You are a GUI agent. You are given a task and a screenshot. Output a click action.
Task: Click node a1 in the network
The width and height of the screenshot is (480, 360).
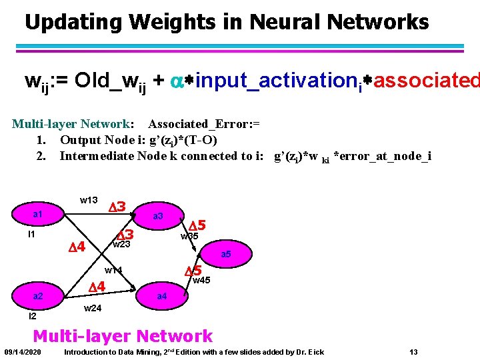point(38,214)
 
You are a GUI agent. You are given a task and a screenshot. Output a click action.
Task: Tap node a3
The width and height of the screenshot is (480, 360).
point(158,216)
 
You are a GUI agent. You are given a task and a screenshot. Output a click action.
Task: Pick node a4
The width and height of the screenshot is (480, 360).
point(161,295)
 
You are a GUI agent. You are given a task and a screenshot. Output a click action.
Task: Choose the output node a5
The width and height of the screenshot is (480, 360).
point(226,255)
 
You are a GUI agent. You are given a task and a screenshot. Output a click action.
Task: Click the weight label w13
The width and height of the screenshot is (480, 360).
point(89,200)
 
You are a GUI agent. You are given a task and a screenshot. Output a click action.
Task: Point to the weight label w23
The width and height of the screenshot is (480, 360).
point(121,245)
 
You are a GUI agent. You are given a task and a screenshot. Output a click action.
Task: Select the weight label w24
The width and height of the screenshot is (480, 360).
point(93,308)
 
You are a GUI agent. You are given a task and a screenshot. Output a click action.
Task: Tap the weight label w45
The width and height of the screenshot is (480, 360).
point(202,281)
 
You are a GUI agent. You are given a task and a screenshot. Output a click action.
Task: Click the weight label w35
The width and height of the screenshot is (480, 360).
point(189,235)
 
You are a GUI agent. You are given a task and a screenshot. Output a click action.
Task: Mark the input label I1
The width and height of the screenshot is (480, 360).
point(31,235)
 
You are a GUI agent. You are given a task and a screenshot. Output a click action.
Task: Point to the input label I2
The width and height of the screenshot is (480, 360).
point(33,316)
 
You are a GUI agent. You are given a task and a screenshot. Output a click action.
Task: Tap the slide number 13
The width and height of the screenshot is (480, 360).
point(414,351)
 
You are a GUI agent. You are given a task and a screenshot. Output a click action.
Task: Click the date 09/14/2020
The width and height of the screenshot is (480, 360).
point(23,351)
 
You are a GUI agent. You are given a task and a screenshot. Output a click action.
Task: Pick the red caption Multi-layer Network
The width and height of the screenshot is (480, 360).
point(123,336)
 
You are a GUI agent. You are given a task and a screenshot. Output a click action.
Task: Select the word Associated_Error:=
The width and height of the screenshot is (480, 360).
point(204,124)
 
